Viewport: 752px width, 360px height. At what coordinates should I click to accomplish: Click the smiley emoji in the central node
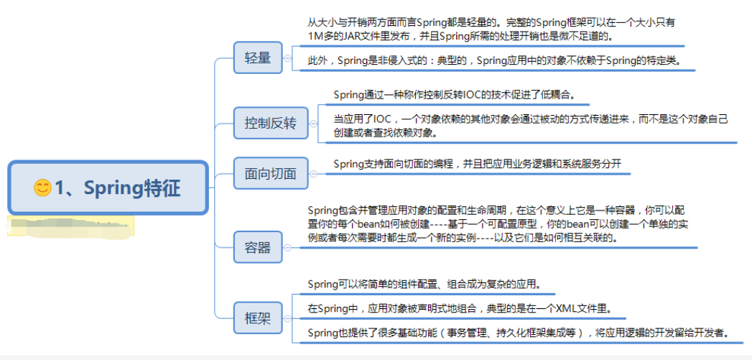point(42,188)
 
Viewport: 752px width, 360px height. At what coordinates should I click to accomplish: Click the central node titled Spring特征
point(108,188)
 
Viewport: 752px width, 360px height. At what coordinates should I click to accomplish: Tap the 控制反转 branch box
point(270,123)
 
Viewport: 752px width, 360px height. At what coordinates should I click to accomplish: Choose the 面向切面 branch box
point(270,173)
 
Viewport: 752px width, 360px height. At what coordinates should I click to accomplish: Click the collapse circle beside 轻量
point(287,58)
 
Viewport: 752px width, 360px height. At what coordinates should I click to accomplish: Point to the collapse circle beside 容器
point(287,248)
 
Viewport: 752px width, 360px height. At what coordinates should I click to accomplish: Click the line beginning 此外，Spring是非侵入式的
point(496,60)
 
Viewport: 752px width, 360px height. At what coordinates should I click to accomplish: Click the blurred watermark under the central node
point(68,226)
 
